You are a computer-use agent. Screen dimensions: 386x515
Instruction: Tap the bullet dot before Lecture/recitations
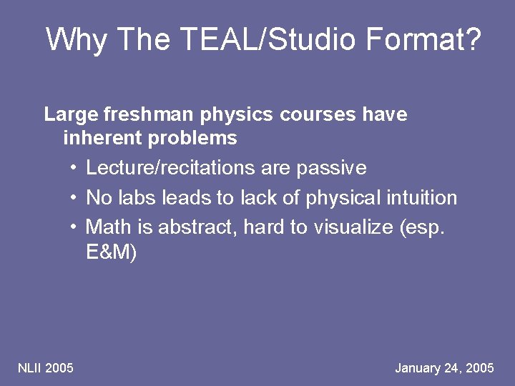point(74,169)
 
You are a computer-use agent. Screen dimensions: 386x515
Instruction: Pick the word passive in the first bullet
point(331,169)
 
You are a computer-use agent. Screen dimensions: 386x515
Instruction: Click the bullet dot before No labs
point(74,198)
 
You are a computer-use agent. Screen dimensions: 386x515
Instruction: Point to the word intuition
point(421,198)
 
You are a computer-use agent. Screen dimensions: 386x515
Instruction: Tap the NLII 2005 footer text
point(45,368)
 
